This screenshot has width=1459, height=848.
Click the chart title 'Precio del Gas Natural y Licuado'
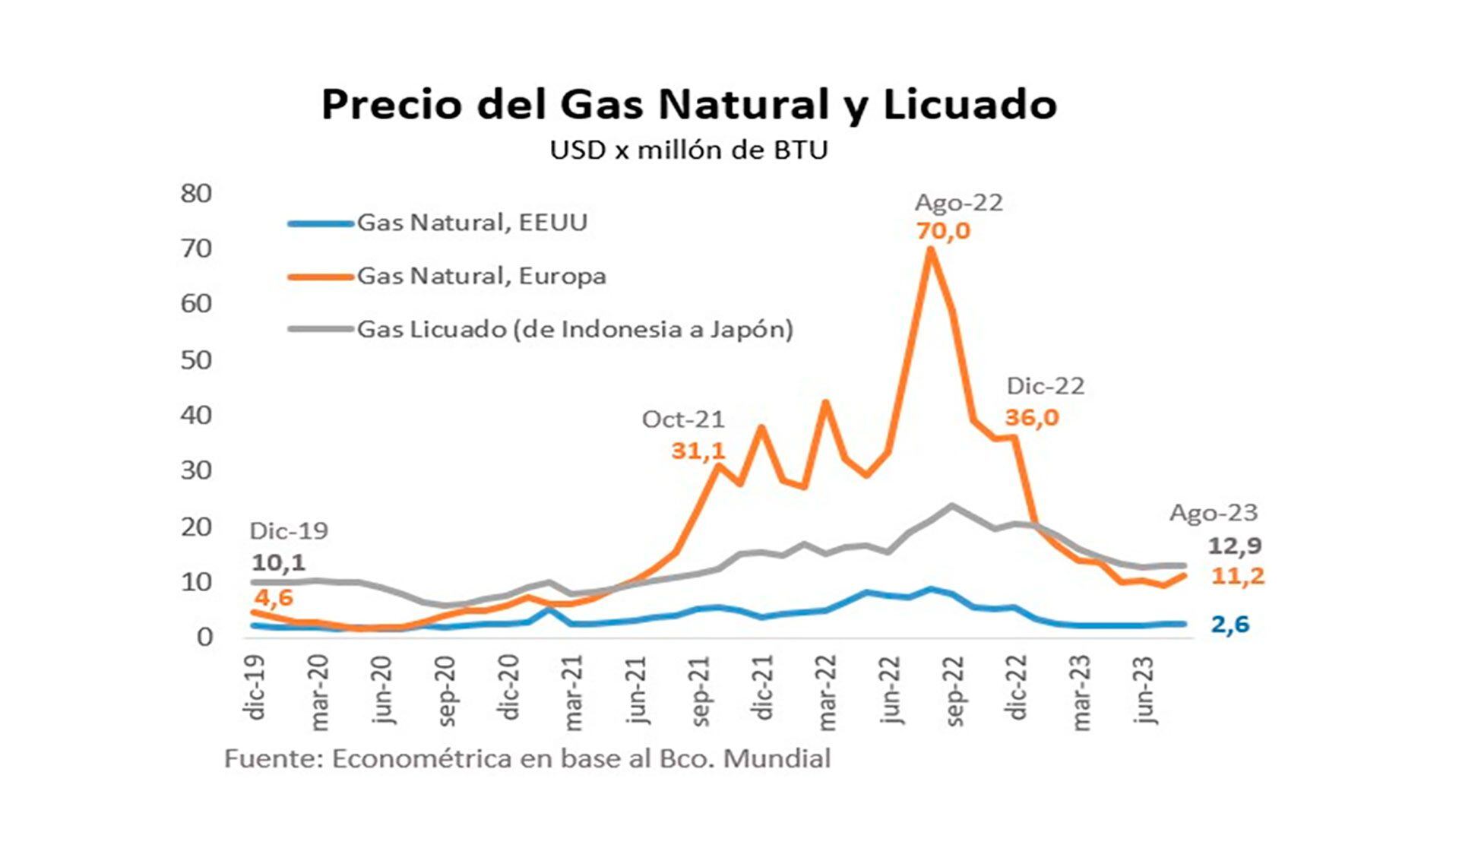tap(688, 105)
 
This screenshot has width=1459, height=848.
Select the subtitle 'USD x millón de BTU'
tap(688, 150)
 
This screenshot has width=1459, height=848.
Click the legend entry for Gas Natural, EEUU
tap(472, 223)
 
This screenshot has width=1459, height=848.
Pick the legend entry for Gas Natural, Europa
tap(481, 276)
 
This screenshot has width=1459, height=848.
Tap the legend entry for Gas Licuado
tap(574, 329)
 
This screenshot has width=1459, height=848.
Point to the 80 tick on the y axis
tap(196, 194)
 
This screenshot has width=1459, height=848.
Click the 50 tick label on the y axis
tap(196, 360)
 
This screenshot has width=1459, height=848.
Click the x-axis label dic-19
tap(256, 688)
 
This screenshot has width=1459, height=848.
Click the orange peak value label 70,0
tap(943, 230)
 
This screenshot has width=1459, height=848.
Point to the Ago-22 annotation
tap(959, 203)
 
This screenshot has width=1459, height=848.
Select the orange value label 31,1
tap(698, 451)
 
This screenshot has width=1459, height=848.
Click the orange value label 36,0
tap(1031, 417)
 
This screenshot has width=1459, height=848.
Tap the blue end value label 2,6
tap(1230, 625)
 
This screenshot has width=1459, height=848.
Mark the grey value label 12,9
tap(1235, 546)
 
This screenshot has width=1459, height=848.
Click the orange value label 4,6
tap(274, 597)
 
